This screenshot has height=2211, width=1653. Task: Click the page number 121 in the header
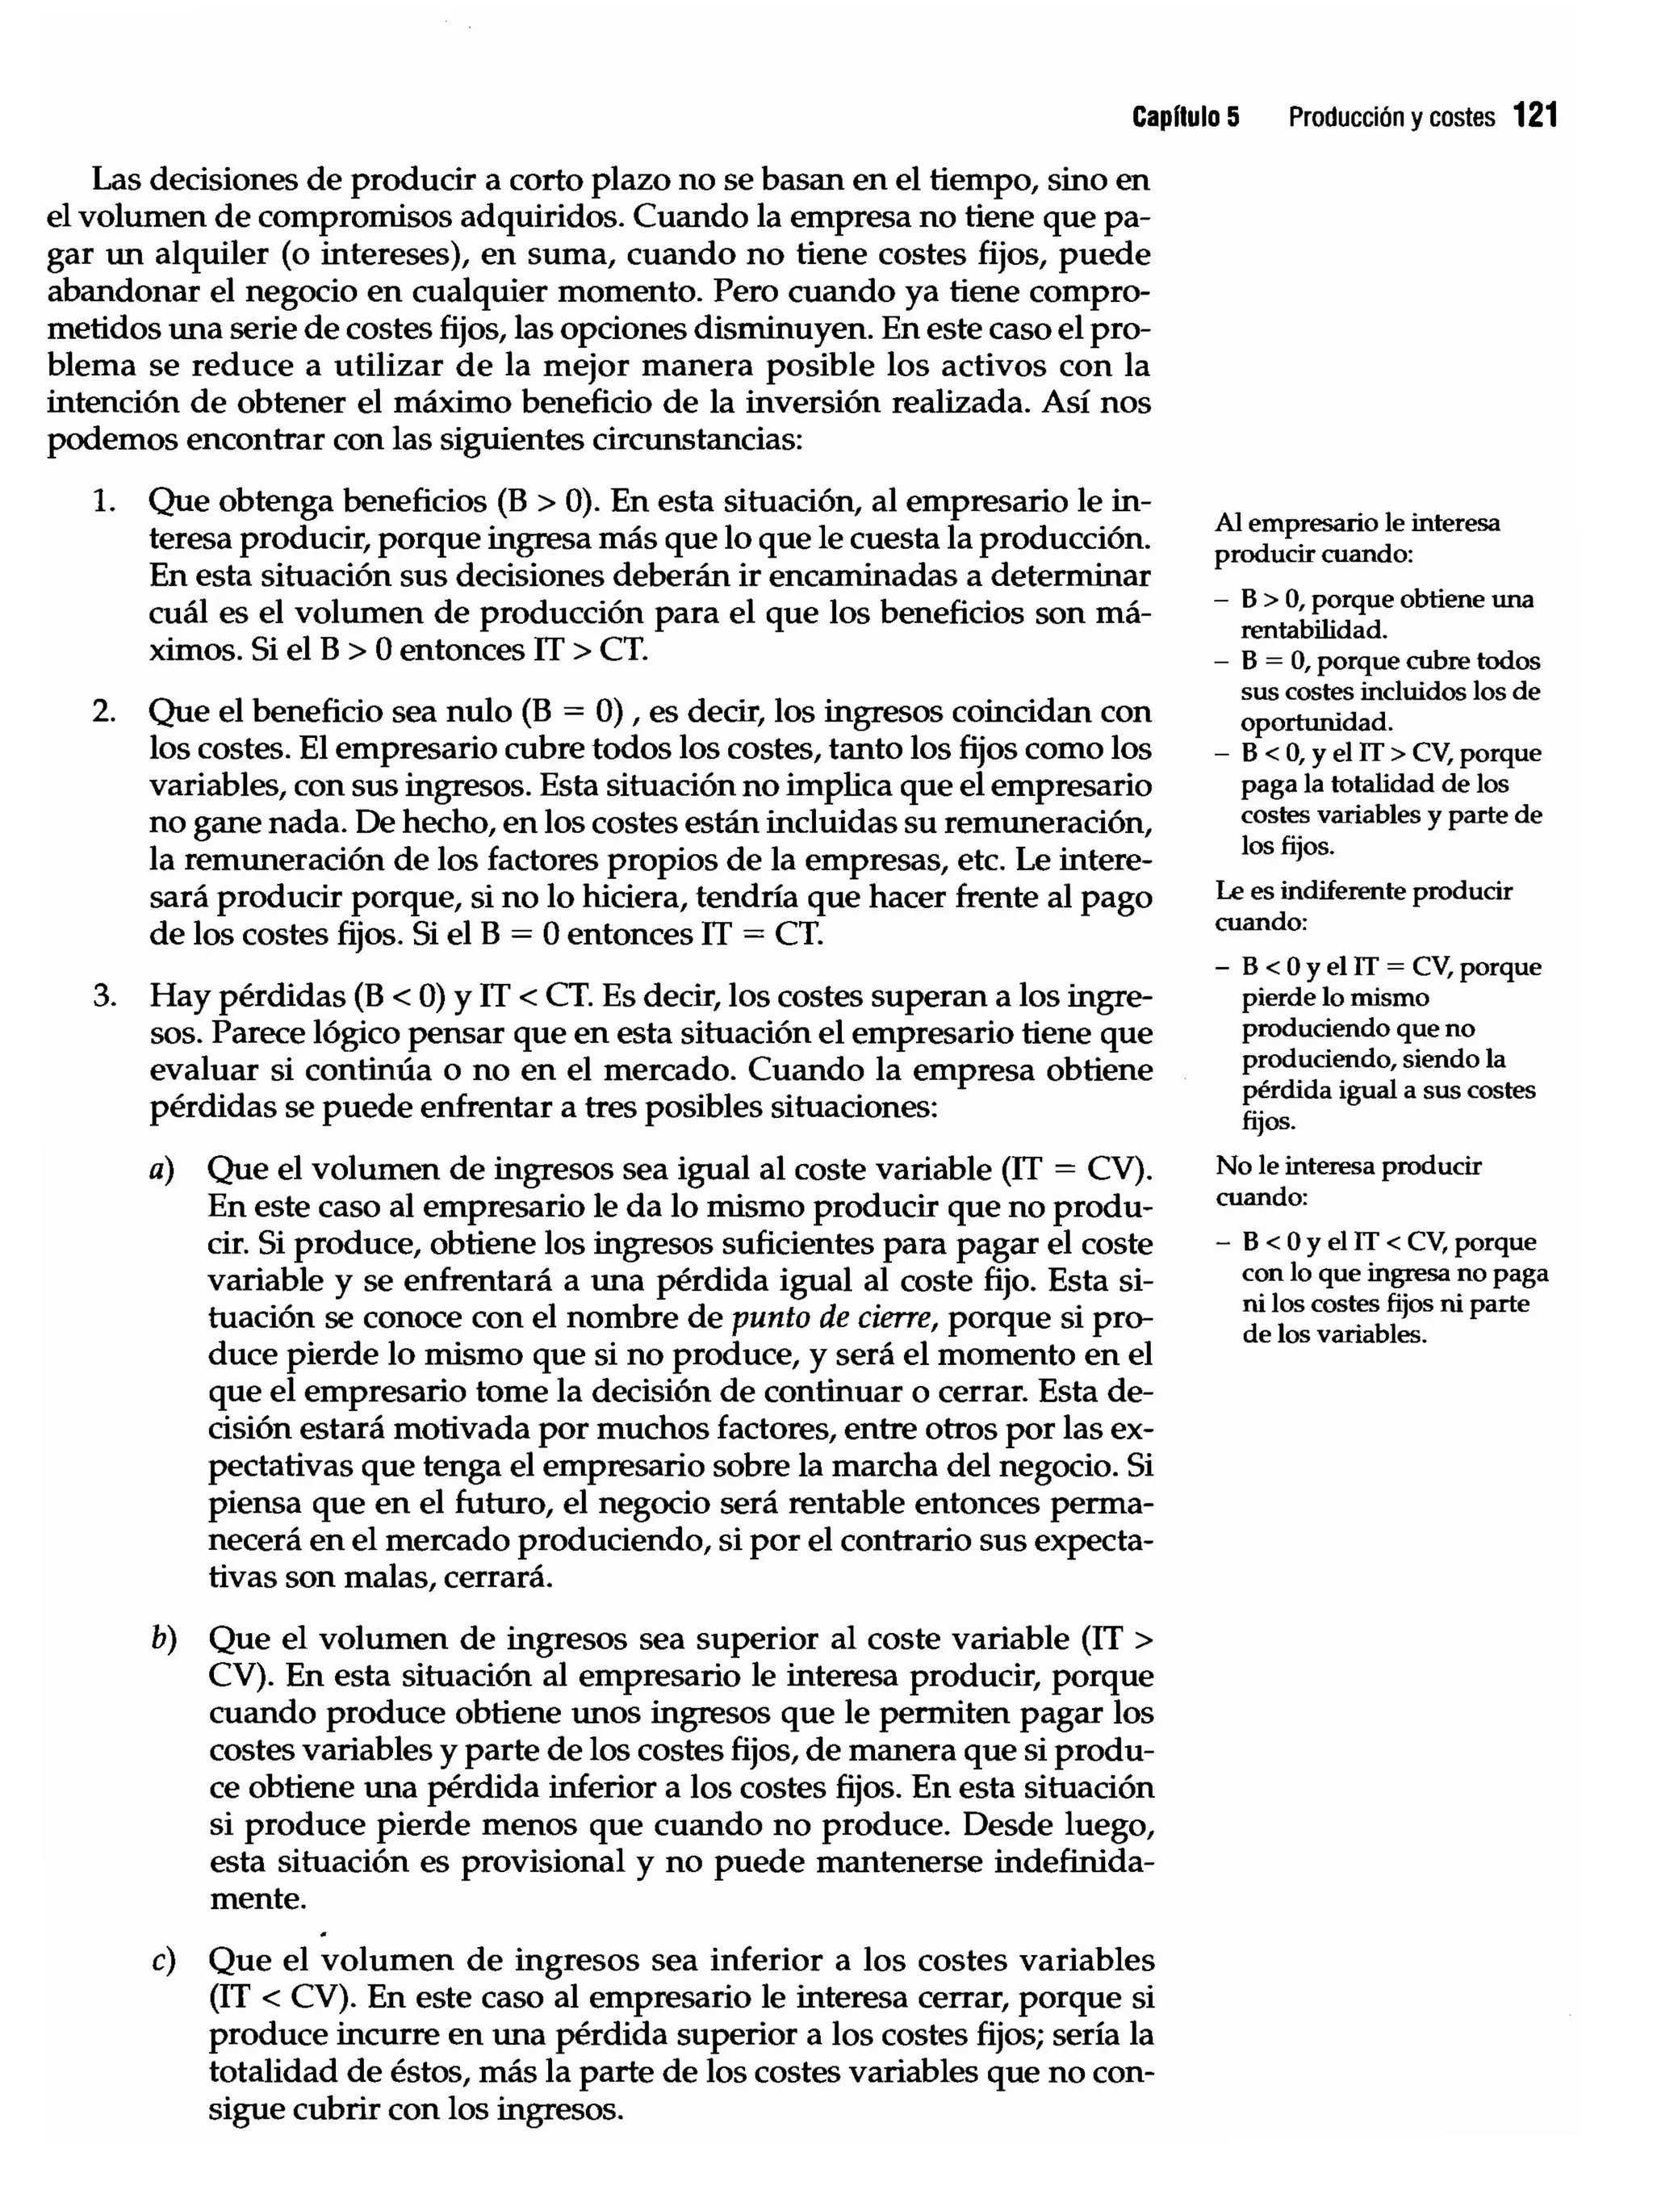[1535, 116]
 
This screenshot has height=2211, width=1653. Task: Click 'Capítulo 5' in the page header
[1186, 118]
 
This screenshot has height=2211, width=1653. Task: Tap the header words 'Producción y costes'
[1391, 118]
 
